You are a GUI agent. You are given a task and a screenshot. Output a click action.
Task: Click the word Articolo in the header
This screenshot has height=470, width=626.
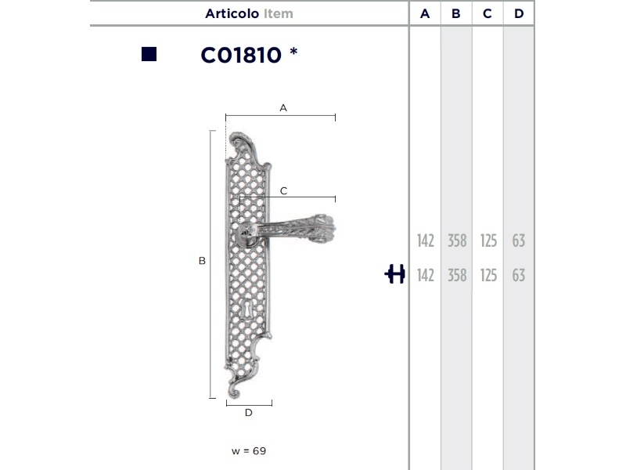point(232,13)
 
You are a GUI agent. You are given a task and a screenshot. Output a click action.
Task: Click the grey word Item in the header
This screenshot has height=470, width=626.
point(279,13)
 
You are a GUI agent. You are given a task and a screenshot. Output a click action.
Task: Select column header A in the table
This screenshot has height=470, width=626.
point(425,13)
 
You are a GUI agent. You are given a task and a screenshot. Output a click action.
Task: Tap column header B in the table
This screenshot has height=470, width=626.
point(456,13)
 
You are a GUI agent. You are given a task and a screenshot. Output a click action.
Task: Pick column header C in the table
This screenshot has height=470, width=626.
point(487,13)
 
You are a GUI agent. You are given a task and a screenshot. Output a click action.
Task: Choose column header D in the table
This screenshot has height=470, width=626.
point(519,13)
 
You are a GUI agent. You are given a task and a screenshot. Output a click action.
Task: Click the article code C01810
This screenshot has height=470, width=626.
point(241,55)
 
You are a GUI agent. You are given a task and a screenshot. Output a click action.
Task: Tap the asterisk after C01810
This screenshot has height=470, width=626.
point(294,52)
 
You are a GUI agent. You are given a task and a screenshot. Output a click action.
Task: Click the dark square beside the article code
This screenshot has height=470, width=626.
point(149,54)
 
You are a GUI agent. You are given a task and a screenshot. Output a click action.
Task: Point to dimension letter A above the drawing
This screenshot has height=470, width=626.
point(283,108)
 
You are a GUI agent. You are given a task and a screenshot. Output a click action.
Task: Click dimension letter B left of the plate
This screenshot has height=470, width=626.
point(202,261)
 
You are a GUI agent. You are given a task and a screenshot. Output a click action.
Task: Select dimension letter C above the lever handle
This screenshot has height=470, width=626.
point(283,191)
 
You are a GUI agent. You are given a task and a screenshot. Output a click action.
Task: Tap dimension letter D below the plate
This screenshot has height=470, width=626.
point(248,413)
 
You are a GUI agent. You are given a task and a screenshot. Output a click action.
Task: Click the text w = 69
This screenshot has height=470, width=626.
point(249,451)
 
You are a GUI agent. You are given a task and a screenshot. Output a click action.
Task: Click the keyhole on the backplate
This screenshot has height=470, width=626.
point(247,309)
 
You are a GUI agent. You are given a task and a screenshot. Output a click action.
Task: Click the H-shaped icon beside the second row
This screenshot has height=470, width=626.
point(394,273)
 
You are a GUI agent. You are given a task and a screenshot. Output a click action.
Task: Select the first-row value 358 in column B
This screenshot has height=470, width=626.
point(457,240)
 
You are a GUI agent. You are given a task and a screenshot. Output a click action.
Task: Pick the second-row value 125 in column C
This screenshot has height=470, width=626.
point(488,276)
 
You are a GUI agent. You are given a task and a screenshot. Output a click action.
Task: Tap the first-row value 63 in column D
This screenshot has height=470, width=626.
point(519,240)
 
